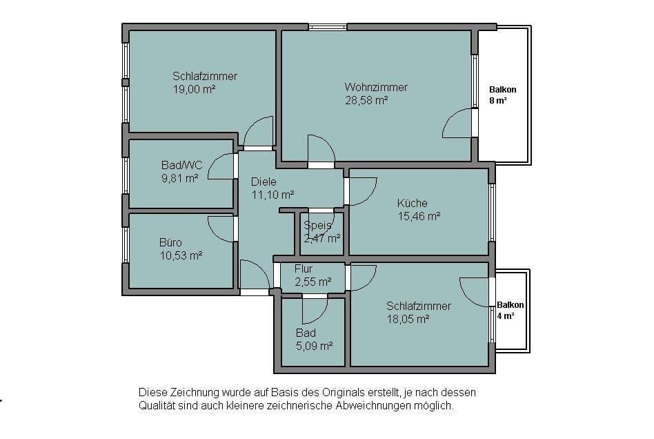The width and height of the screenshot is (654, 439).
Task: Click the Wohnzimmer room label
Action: (376, 88)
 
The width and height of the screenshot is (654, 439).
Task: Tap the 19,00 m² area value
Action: (195, 89)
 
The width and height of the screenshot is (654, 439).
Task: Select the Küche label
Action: (412, 203)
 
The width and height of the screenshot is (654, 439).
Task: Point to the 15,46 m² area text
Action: (419, 215)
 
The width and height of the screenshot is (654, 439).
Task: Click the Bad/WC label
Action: (181, 165)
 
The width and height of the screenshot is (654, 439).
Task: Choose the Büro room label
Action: (170, 242)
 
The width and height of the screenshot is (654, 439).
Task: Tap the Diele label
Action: (264, 182)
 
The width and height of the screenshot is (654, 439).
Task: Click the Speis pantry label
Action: (317, 225)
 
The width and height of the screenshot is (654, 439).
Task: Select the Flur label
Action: (304, 269)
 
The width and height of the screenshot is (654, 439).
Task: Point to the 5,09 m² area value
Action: (314, 346)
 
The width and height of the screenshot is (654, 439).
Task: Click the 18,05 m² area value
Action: (408, 318)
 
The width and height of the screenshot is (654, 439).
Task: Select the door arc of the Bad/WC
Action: (221, 166)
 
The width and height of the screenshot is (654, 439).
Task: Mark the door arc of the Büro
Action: (221, 228)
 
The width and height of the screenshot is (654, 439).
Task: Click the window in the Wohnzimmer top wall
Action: (328, 28)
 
